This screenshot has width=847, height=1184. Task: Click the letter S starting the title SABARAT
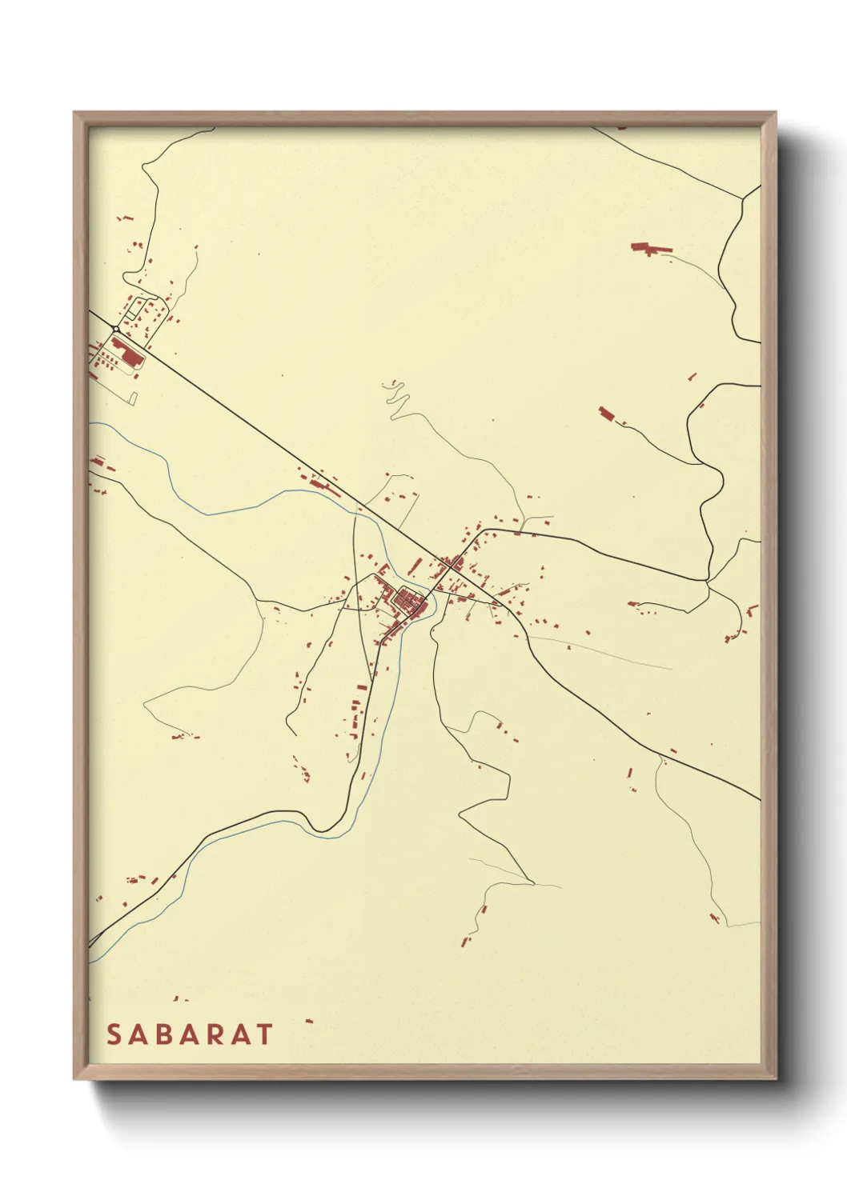[114, 1034]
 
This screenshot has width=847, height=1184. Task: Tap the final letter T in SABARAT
[264, 1034]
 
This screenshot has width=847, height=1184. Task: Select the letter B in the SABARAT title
[165, 1034]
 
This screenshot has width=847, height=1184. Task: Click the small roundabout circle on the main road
[116, 329]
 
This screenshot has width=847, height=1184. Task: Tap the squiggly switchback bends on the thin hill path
[395, 394]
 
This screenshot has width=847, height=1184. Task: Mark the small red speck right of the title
[309, 1022]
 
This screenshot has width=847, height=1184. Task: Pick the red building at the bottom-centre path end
[464, 941]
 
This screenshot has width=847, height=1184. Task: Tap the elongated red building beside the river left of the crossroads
[325, 485]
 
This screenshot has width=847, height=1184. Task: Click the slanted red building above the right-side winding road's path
[606, 414]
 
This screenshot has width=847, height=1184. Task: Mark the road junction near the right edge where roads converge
[707, 581]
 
